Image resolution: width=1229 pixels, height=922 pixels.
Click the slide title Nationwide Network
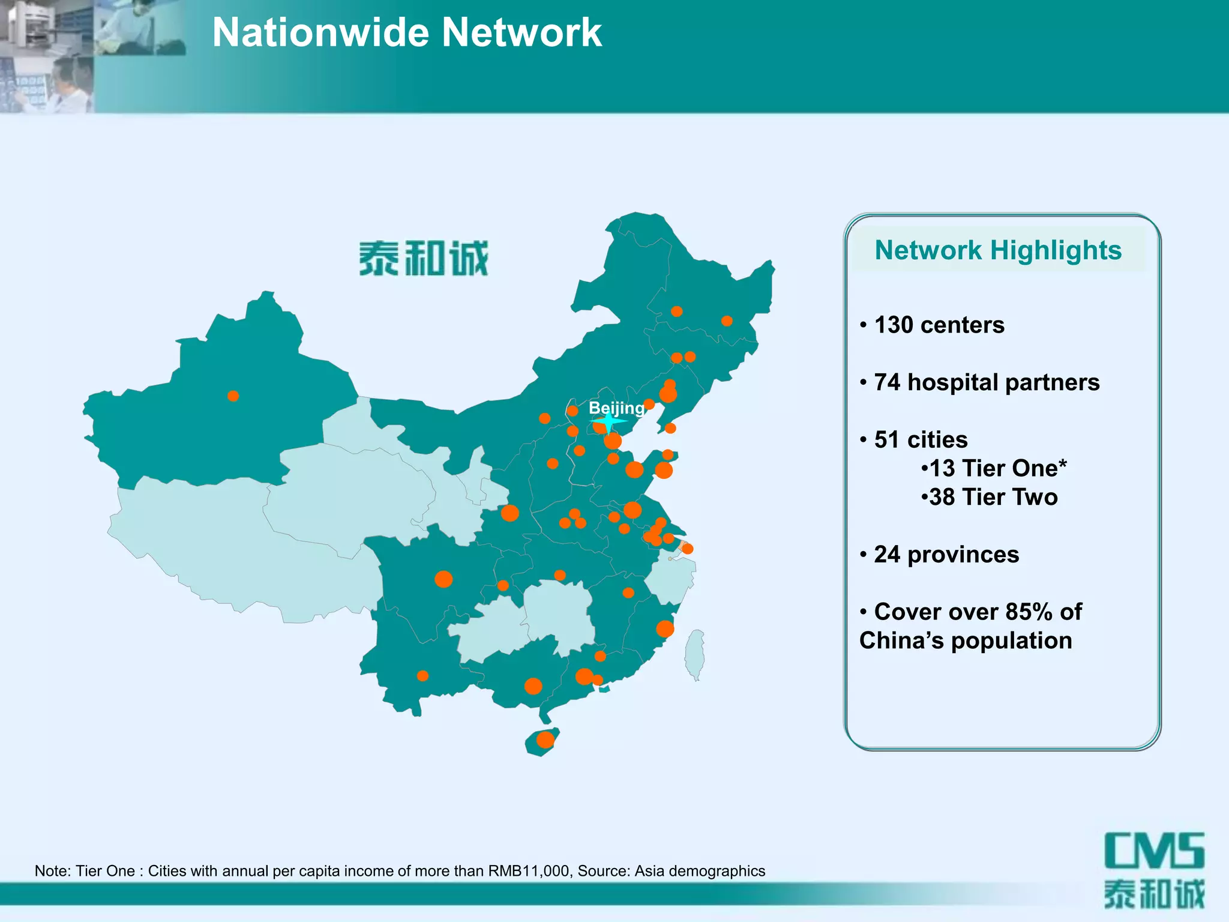pyautogui.click(x=407, y=32)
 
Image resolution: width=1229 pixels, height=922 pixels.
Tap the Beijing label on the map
pyautogui.click(x=616, y=408)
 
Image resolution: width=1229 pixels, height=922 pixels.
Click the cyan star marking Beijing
pyautogui.click(x=608, y=422)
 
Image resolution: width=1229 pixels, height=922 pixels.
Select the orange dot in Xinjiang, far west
pyautogui.click(x=233, y=396)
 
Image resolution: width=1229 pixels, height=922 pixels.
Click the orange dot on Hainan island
pyautogui.click(x=545, y=740)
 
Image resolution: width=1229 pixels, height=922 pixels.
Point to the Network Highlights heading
pyautogui.click(x=998, y=250)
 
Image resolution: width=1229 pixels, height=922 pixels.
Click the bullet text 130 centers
pyautogui.click(x=939, y=325)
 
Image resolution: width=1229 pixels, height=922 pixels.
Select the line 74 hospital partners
pyautogui.click(x=987, y=382)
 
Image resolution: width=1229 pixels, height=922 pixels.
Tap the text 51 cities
pyautogui.click(x=921, y=440)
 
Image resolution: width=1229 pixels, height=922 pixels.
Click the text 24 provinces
pyautogui.click(x=946, y=555)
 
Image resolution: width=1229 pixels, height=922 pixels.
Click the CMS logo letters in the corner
pyautogui.click(x=1154, y=851)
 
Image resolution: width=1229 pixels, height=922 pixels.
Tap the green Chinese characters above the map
pyautogui.click(x=424, y=259)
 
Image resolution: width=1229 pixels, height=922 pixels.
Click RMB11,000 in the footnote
pyautogui.click(x=529, y=871)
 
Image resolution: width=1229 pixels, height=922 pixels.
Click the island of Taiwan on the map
pyautogui.click(x=695, y=654)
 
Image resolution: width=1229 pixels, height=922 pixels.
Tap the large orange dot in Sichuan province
pyautogui.click(x=443, y=579)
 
